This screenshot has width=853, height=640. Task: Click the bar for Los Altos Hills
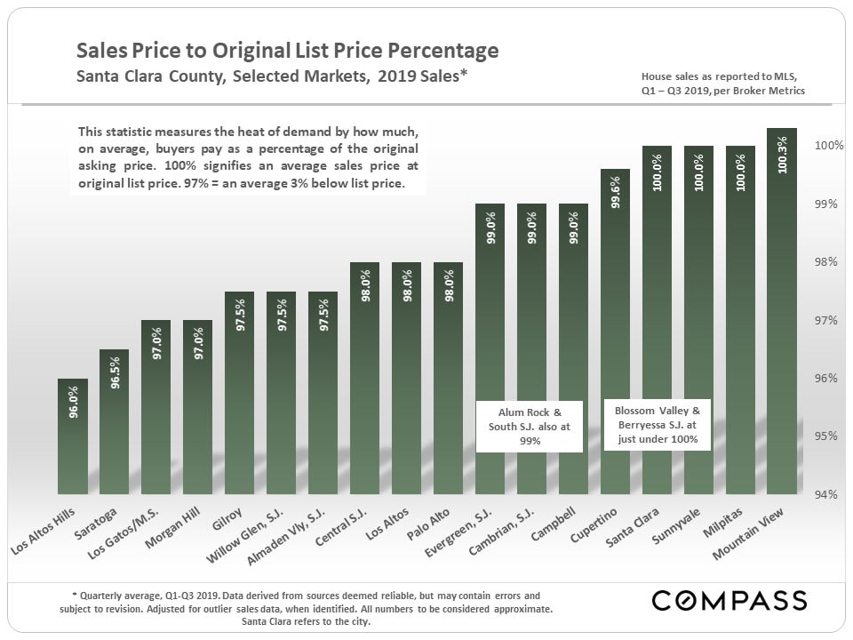[x=72, y=436]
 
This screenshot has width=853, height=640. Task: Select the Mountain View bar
[x=782, y=311]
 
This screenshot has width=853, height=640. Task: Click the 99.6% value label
[x=615, y=192]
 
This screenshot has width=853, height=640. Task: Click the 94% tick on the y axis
[x=826, y=494]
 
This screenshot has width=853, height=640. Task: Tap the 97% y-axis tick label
[x=826, y=320]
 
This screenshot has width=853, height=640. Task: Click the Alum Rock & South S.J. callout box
[x=530, y=426]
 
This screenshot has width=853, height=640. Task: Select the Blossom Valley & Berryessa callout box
[x=658, y=425]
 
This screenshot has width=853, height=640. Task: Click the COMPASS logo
[x=729, y=601]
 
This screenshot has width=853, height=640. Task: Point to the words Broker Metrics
[x=770, y=91]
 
